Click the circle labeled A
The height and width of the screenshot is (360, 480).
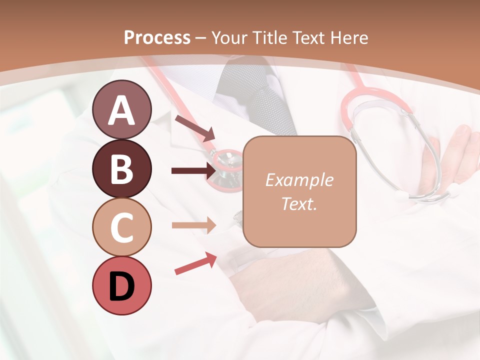pos(121,109)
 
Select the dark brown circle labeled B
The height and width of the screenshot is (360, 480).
pos(121,169)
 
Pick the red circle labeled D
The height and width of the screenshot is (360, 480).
pos(121,285)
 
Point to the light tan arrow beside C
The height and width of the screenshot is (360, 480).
pos(194,225)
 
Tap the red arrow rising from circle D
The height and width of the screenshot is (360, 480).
pos(195,263)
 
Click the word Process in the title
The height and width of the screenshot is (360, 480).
pos(157,37)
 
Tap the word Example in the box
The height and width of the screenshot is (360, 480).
pos(299,180)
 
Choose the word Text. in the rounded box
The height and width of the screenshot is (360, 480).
pos(299,203)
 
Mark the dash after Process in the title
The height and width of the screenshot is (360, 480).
pos(200,38)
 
